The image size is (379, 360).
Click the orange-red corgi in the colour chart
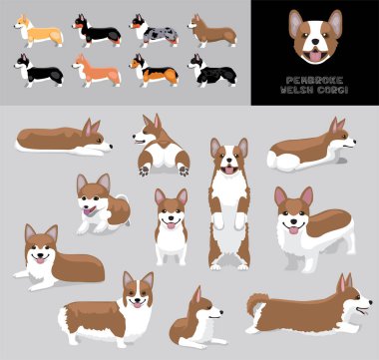[x=97, y=71]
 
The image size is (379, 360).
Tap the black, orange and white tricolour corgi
[x=154, y=71]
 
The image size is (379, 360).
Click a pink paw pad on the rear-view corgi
[x=145, y=171]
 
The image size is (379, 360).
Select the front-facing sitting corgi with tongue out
[x=170, y=224]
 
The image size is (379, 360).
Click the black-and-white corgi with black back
[x=39, y=71]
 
